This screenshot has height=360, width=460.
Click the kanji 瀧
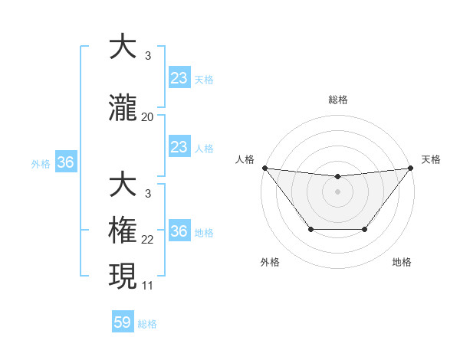(x=123, y=109)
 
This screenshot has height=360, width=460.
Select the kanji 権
(x=123, y=231)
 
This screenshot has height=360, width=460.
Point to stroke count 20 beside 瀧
(x=148, y=117)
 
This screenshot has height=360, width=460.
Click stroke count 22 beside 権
(x=148, y=240)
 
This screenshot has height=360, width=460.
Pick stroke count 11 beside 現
(x=148, y=286)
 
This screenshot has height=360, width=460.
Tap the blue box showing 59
(x=123, y=322)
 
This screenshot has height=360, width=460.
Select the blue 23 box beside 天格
(x=179, y=78)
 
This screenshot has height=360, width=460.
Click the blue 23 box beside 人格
(x=179, y=147)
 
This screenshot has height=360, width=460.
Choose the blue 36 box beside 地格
(x=179, y=231)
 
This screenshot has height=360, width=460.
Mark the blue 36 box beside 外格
(x=65, y=162)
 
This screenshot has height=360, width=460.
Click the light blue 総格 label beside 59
(x=147, y=324)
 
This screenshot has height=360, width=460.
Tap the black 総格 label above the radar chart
(x=337, y=100)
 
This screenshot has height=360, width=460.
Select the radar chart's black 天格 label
(x=432, y=159)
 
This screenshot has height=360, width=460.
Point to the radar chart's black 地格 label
(x=402, y=263)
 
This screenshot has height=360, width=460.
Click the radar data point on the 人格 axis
(x=264, y=168)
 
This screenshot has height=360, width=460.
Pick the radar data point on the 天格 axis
(x=410, y=168)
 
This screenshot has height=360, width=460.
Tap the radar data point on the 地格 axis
(x=365, y=229)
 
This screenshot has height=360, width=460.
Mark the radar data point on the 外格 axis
(x=310, y=229)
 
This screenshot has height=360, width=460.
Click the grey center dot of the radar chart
(x=337, y=191)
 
